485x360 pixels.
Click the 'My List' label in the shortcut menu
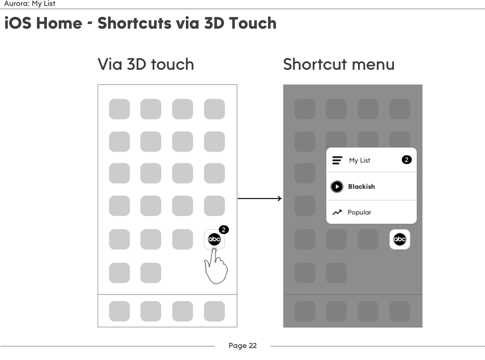359,160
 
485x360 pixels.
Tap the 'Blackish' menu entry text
361,187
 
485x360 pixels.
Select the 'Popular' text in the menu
359,212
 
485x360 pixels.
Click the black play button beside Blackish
337,187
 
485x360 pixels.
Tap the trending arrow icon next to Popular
337,212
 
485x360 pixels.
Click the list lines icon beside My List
337,160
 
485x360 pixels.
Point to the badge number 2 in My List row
406,160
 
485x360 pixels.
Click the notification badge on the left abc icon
224,230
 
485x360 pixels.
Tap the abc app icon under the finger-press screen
214,239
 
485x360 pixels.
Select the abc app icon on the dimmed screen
400,239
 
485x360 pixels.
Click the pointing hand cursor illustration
216,269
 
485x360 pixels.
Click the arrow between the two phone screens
259,199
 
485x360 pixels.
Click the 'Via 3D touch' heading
146,64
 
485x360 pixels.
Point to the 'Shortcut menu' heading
338,64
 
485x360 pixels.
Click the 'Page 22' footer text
243,345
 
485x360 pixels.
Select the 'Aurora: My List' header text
30,4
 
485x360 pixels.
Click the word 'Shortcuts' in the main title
134,23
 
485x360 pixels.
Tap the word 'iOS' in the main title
18,23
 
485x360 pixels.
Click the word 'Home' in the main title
59,23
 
